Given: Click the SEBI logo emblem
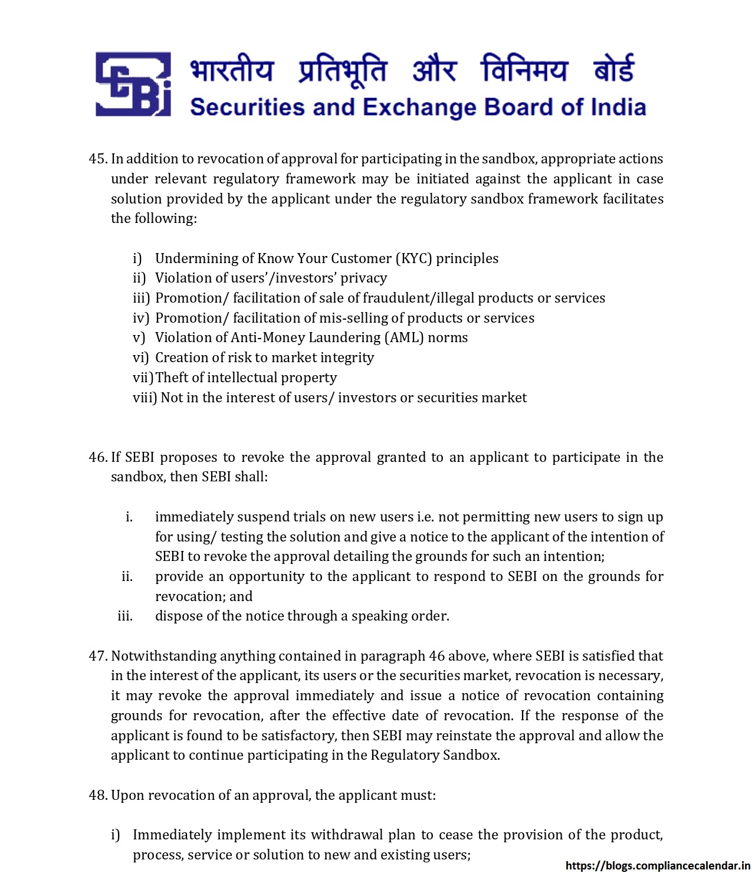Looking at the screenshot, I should (133, 84).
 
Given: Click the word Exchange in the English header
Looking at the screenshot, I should (419, 107).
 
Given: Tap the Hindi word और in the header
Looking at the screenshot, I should (434, 70).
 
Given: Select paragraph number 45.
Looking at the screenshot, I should (98, 159).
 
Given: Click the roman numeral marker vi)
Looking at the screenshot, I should (140, 357).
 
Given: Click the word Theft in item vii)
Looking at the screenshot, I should (172, 378).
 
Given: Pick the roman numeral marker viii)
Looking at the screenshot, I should (145, 398).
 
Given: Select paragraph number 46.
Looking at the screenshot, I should (98, 457).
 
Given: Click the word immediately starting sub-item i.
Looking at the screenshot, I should (195, 517).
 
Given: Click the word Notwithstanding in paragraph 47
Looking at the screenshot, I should (163, 656).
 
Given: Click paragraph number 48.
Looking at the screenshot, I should (98, 795).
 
